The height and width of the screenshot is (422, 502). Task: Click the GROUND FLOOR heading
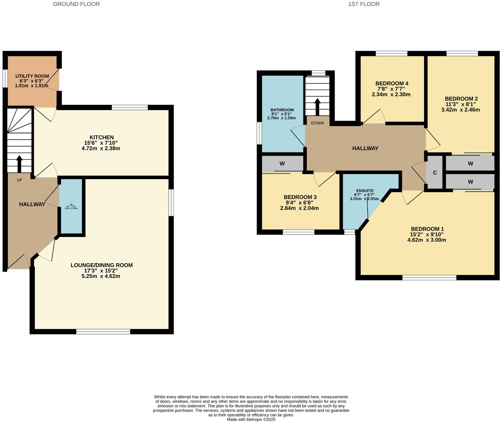76,4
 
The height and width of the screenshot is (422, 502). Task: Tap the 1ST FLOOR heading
364,4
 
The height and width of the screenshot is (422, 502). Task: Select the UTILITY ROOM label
32,76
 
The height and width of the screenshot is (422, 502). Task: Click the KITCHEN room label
101,137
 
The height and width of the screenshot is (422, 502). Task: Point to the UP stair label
19,180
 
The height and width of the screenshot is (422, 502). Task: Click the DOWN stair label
317,123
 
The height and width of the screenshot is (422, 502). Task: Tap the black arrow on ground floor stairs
19,163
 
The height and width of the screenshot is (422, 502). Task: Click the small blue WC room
71,206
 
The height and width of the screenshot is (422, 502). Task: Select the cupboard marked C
435,173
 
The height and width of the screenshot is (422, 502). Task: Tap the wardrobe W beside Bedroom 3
282,164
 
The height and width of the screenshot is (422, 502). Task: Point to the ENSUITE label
365,191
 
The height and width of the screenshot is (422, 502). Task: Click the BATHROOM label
282,110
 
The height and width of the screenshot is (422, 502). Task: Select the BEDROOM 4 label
392,84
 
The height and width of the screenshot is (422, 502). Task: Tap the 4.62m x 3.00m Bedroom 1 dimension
427,240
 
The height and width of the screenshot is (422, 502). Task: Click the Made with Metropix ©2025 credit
251,419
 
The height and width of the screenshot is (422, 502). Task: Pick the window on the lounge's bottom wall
103,332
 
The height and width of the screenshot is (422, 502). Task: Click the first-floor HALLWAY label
365,148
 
